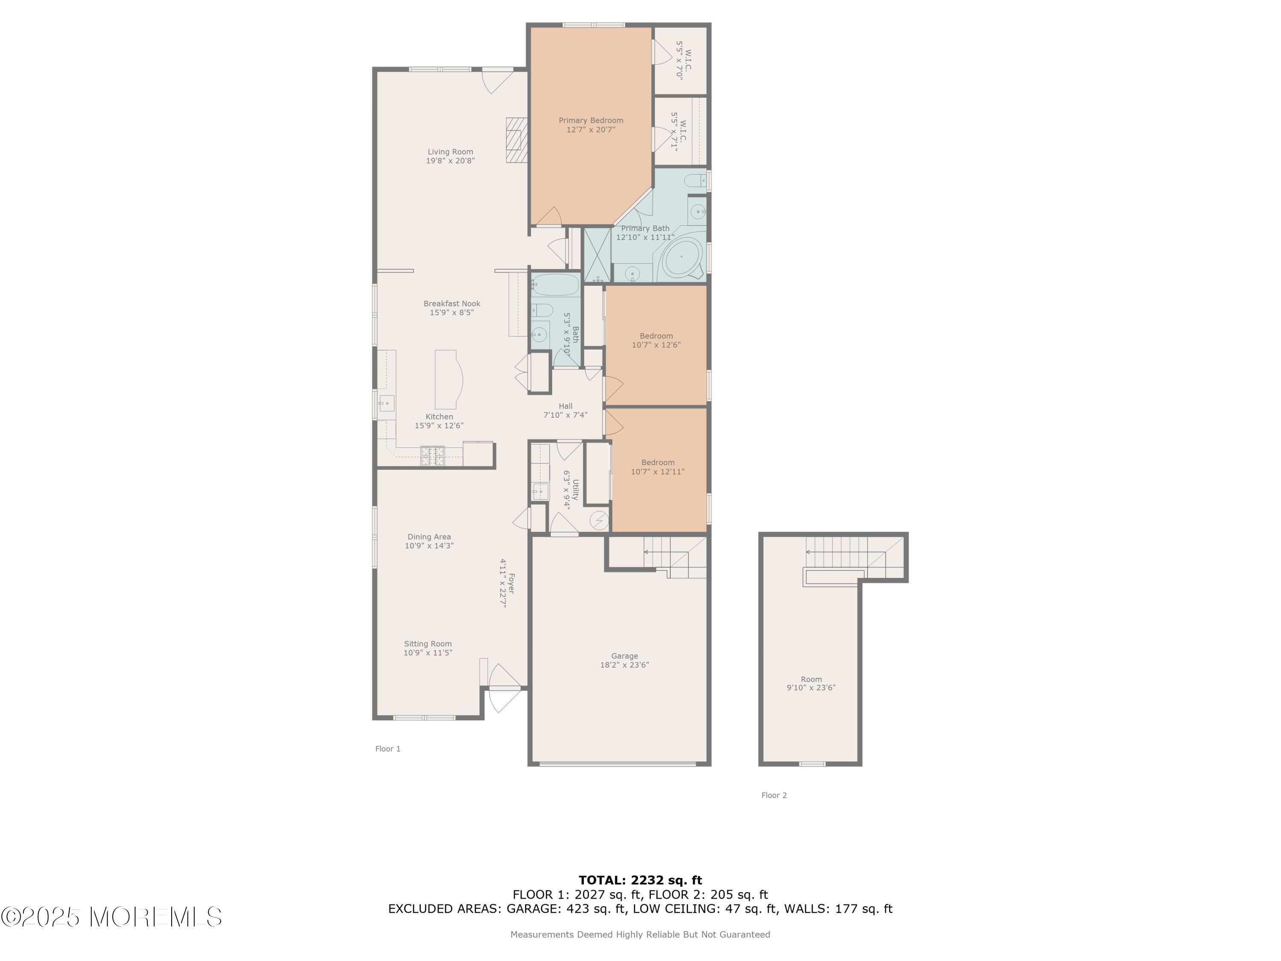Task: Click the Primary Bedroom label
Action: [x=591, y=125]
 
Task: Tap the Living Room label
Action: [x=450, y=156]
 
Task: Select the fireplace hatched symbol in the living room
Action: [x=517, y=140]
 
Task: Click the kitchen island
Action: [x=448, y=379]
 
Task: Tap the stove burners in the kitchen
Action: [x=433, y=455]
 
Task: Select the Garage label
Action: [x=624, y=660]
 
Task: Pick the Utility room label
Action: [x=571, y=489]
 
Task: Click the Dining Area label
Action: [x=429, y=541]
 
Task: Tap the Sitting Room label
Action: [x=428, y=648]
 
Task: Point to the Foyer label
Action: [x=507, y=583]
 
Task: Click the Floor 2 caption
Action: [x=774, y=795]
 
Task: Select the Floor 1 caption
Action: [x=388, y=749]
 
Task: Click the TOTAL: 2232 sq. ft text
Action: [x=640, y=880]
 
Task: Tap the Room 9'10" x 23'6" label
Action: [x=811, y=683]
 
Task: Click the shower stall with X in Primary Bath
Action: [x=597, y=255]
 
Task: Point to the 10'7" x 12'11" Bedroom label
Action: [x=658, y=467]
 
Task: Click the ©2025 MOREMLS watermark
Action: [x=111, y=917]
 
